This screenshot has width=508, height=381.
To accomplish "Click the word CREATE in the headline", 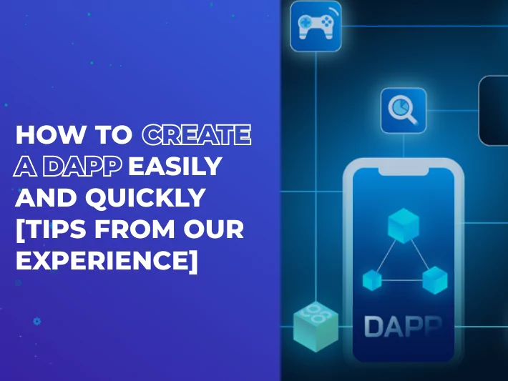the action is [196, 134].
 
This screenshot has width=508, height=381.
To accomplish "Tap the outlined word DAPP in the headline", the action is [82, 167].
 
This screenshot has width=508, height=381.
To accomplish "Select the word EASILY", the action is [175, 167].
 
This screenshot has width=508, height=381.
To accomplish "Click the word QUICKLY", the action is [145, 197].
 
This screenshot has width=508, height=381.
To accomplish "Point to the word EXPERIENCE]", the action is [107, 261].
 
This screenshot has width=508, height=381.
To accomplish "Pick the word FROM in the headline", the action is [135, 229].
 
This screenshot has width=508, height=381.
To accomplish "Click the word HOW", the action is [49, 134].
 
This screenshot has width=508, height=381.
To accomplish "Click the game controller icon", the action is [316, 26].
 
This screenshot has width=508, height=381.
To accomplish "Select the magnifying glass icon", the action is [404, 110].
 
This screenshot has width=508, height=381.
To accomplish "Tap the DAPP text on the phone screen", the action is [403, 326].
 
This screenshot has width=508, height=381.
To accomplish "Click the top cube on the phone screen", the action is [404, 226].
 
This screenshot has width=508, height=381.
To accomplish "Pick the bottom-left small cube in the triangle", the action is [372, 280].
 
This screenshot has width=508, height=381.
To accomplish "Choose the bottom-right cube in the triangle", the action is [435, 280].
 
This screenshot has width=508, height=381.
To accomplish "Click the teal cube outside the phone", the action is [316, 327].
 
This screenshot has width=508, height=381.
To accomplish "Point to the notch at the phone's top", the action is [404, 172].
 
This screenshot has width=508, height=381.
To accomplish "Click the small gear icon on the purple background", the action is [37, 322].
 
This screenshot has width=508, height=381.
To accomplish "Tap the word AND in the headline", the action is [47, 197].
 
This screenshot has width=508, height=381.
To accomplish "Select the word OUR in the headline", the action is [213, 229].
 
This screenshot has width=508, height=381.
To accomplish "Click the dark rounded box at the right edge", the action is [494, 111].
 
